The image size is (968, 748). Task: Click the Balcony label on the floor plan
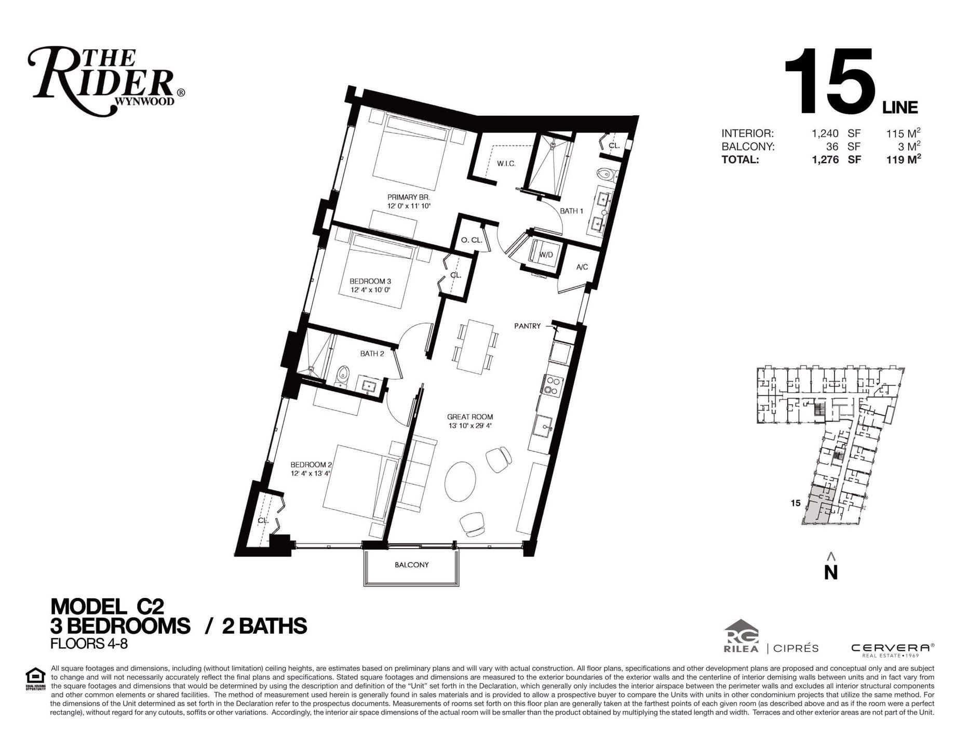(x=411, y=565)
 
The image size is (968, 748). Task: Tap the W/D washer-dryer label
(x=545, y=255)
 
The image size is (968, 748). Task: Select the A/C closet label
(x=582, y=267)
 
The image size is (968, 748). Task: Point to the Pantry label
(x=527, y=326)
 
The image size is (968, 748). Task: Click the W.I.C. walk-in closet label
(x=506, y=164)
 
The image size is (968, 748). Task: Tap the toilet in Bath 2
(x=342, y=377)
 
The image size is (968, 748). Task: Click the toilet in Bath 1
(x=606, y=174)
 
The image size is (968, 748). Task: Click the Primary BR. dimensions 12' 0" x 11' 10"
(x=409, y=206)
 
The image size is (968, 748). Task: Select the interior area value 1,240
(x=825, y=133)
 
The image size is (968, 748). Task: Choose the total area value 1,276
(x=825, y=160)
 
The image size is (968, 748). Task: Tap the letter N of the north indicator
(x=831, y=572)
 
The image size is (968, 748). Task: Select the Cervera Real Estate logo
(x=892, y=649)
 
